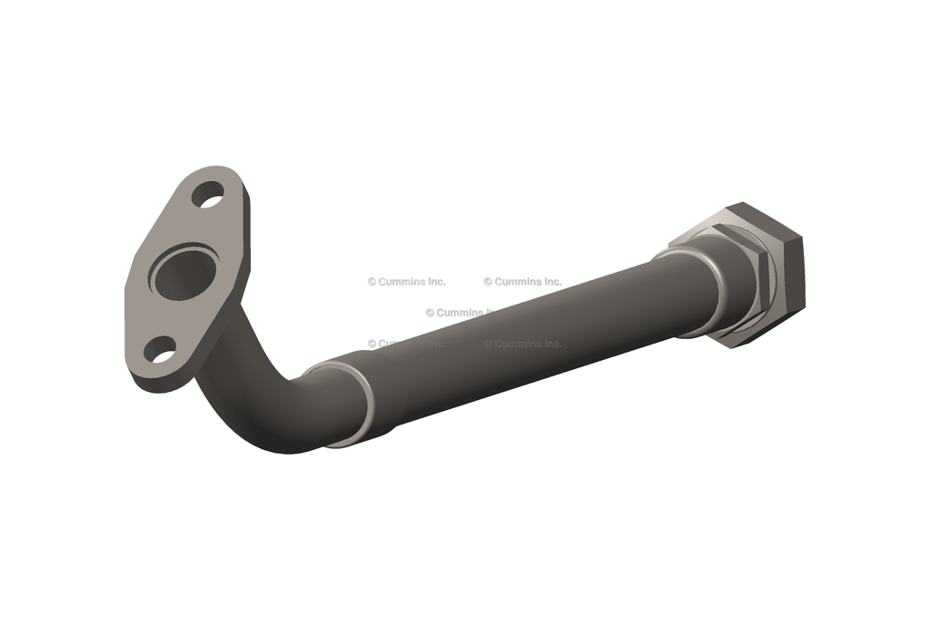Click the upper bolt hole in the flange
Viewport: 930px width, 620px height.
(208, 195)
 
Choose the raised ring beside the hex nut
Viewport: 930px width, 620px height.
(709, 289)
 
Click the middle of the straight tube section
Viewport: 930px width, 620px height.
(527, 332)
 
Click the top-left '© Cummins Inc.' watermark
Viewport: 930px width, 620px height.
(407, 282)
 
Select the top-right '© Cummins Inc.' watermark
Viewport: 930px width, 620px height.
(523, 282)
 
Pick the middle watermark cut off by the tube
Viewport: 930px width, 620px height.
(460, 313)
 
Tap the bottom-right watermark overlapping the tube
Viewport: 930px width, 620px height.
(523, 344)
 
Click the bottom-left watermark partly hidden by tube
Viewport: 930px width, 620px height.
(400, 344)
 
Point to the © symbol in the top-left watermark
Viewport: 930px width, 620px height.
(372, 282)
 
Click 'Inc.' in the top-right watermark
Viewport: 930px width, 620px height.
(550, 282)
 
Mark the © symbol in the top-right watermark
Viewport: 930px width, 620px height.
(489, 282)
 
